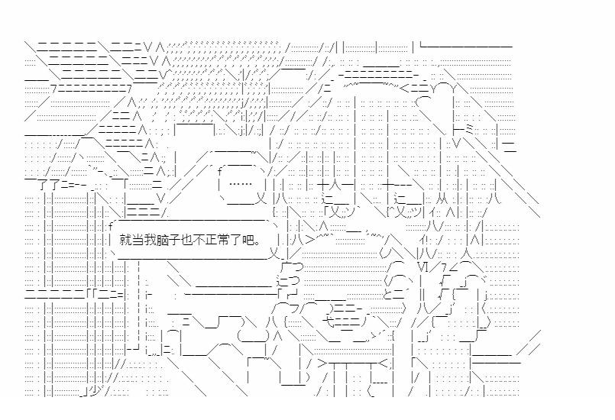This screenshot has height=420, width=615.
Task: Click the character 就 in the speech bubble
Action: tap(125, 239)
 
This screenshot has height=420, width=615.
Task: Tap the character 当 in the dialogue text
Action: tap(138, 239)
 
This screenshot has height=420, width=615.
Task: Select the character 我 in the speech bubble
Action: tap(150, 239)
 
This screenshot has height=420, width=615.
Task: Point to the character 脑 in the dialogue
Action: tap(162, 239)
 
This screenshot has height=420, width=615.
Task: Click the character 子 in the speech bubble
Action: tap(174, 239)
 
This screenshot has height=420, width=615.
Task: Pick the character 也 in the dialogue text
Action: tap(186, 239)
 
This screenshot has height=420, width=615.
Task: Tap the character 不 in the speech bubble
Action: tap(199, 239)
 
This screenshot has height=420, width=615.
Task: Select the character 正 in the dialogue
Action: tap(211, 239)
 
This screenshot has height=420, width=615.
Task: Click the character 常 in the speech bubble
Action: tap(223, 239)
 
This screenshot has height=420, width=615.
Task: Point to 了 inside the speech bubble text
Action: tap(235, 239)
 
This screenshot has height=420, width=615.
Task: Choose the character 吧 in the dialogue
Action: tap(248, 239)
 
